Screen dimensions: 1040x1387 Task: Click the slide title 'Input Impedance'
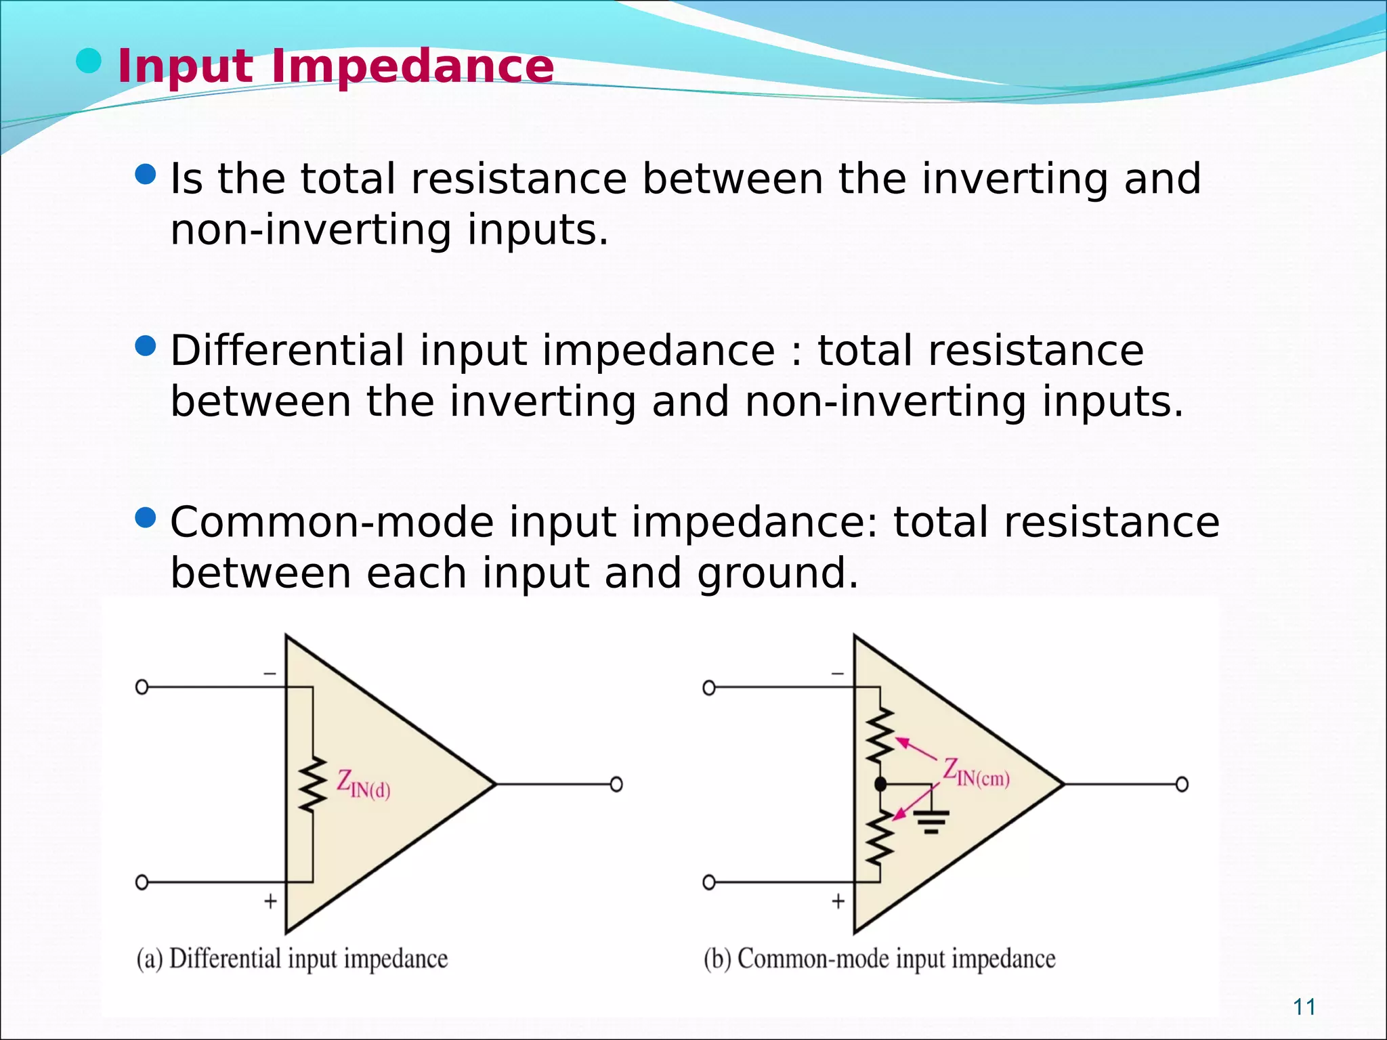click(335, 66)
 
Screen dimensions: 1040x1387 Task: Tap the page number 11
click(1304, 1007)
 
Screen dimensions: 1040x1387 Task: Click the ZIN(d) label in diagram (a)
click(364, 785)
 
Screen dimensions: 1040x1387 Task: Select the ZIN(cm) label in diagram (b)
click(976, 773)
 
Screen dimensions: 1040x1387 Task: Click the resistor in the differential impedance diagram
click(312, 785)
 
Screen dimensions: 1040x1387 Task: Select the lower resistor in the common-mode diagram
click(880, 837)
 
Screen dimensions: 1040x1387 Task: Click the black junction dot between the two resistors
click(880, 785)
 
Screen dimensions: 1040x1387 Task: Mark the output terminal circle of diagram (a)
click(616, 785)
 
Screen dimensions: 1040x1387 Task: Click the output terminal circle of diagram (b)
click(1182, 785)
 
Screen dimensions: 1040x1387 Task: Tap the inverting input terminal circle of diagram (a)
click(142, 687)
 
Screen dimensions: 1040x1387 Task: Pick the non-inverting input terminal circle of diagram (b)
click(708, 882)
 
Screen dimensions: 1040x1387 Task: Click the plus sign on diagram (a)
click(270, 901)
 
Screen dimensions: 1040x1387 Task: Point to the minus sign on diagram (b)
click(838, 674)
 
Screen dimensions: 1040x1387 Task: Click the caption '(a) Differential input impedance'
click(292, 959)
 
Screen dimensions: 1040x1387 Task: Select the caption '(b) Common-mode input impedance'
click(879, 959)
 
